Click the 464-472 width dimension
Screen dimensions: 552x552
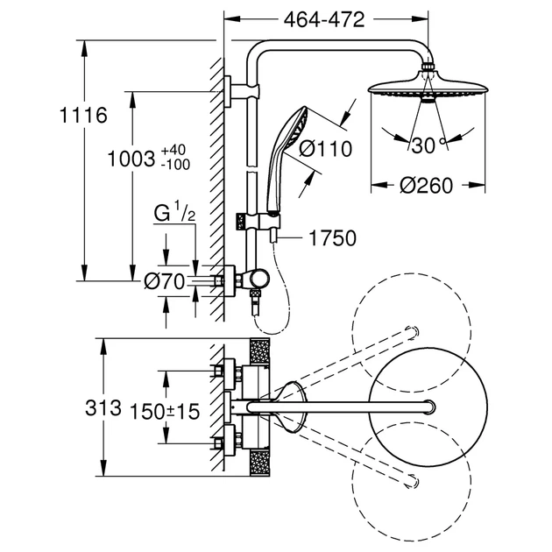click(324, 20)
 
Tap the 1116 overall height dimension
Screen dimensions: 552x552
click(83, 115)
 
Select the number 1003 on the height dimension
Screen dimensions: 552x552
click(131, 159)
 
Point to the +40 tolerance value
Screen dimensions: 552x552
click(173, 150)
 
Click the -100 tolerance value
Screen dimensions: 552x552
click(175, 165)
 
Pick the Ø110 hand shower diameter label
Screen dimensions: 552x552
click(326, 149)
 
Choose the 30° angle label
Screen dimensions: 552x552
click(428, 145)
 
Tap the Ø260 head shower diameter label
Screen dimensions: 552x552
click(426, 185)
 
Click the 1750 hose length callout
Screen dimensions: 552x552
click(332, 238)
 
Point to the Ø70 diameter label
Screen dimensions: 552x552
click(165, 281)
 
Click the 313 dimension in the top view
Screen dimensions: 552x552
click(103, 408)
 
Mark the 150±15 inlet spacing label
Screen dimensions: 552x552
click(165, 411)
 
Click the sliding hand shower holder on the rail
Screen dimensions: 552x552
click(258, 222)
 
